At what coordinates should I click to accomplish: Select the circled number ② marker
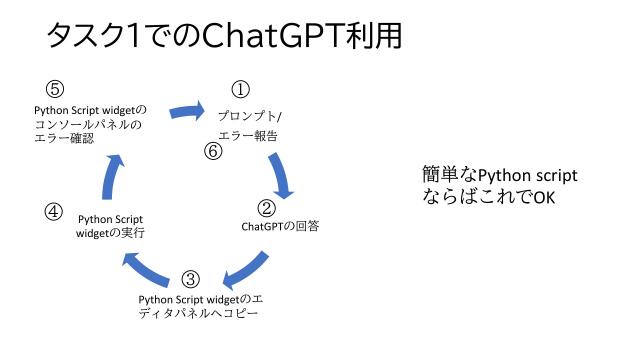266,208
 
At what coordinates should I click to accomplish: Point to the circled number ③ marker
191,279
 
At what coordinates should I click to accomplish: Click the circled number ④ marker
54,211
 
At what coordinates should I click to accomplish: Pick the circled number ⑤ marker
55,88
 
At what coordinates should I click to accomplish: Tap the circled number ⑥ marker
212,151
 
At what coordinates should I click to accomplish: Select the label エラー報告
247,135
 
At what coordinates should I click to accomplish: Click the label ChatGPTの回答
280,226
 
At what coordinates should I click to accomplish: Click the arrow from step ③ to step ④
148,267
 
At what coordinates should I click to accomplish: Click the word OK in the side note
543,197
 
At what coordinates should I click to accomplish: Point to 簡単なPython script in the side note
500,176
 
